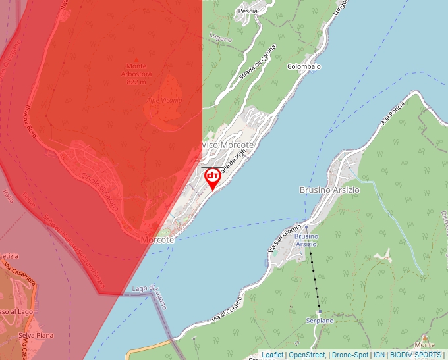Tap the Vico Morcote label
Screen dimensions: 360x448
coord(228,145)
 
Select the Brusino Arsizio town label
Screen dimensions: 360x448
coord(329,190)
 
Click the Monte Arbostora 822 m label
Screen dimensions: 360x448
coord(136,74)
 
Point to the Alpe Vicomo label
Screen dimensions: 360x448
coord(164,100)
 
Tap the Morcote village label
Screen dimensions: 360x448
coord(157,240)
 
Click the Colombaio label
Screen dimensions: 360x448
coord(304,66)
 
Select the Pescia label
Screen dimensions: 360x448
coord(248,11)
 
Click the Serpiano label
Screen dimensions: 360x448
coord(320,321)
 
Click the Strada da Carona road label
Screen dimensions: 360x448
coord(258,64)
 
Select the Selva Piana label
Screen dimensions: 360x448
coord(36,336)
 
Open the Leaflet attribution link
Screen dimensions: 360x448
coord(272,355)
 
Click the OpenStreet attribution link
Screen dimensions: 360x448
coord(307,355)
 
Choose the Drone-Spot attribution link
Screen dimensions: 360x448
coord(350,355)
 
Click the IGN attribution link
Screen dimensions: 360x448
coord(379,355)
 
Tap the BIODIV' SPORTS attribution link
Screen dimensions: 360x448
coord(416,355)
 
